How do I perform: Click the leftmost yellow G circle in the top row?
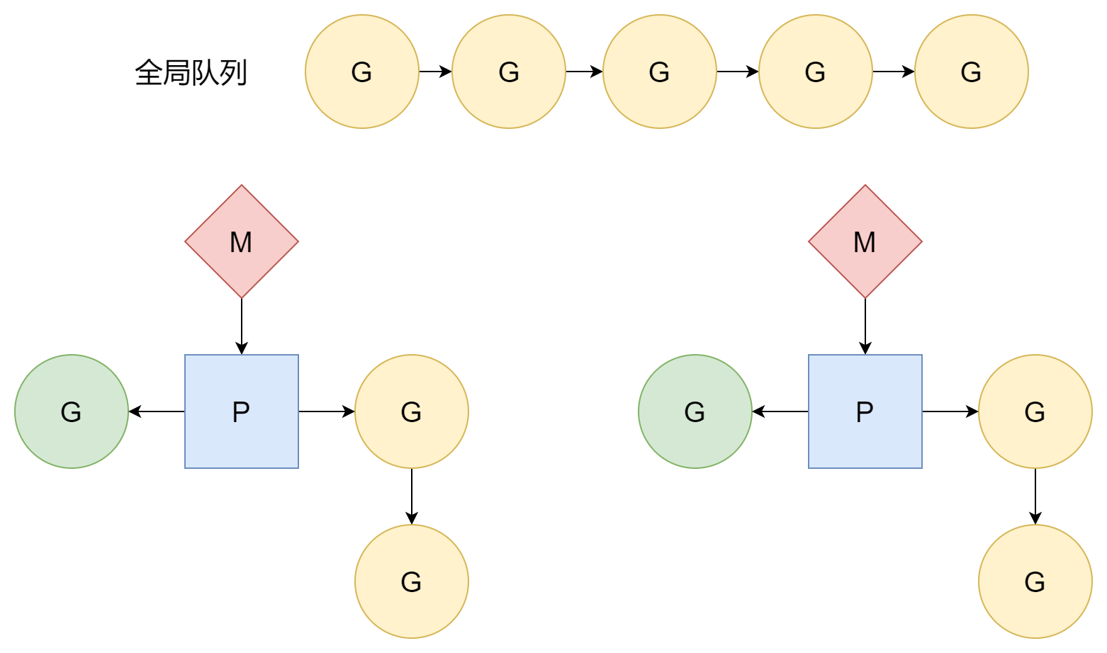[362, 72]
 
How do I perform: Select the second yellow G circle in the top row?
[509, 72]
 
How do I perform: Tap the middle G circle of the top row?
[660, 72]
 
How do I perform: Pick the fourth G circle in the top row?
[816, 72]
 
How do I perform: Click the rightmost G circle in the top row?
[972, 72]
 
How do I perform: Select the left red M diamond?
[242, 242]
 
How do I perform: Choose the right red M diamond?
[865, 242]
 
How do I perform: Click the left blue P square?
[242, 411]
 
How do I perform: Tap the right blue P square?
[865, 411]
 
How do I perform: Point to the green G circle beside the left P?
[72, 411]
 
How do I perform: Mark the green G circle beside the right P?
[695, 411]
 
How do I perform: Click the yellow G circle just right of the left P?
[412, 411]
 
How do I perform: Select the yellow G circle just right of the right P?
[1035, 411]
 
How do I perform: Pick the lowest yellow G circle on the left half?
[412, 581]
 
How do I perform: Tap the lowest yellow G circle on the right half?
[1035, 581]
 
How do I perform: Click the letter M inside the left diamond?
[241, 242]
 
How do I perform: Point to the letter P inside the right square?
[865, 412]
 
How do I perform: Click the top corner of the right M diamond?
[865, 187]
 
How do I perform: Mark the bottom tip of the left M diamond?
[242, 297]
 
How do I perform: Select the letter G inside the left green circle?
[71, 412]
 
